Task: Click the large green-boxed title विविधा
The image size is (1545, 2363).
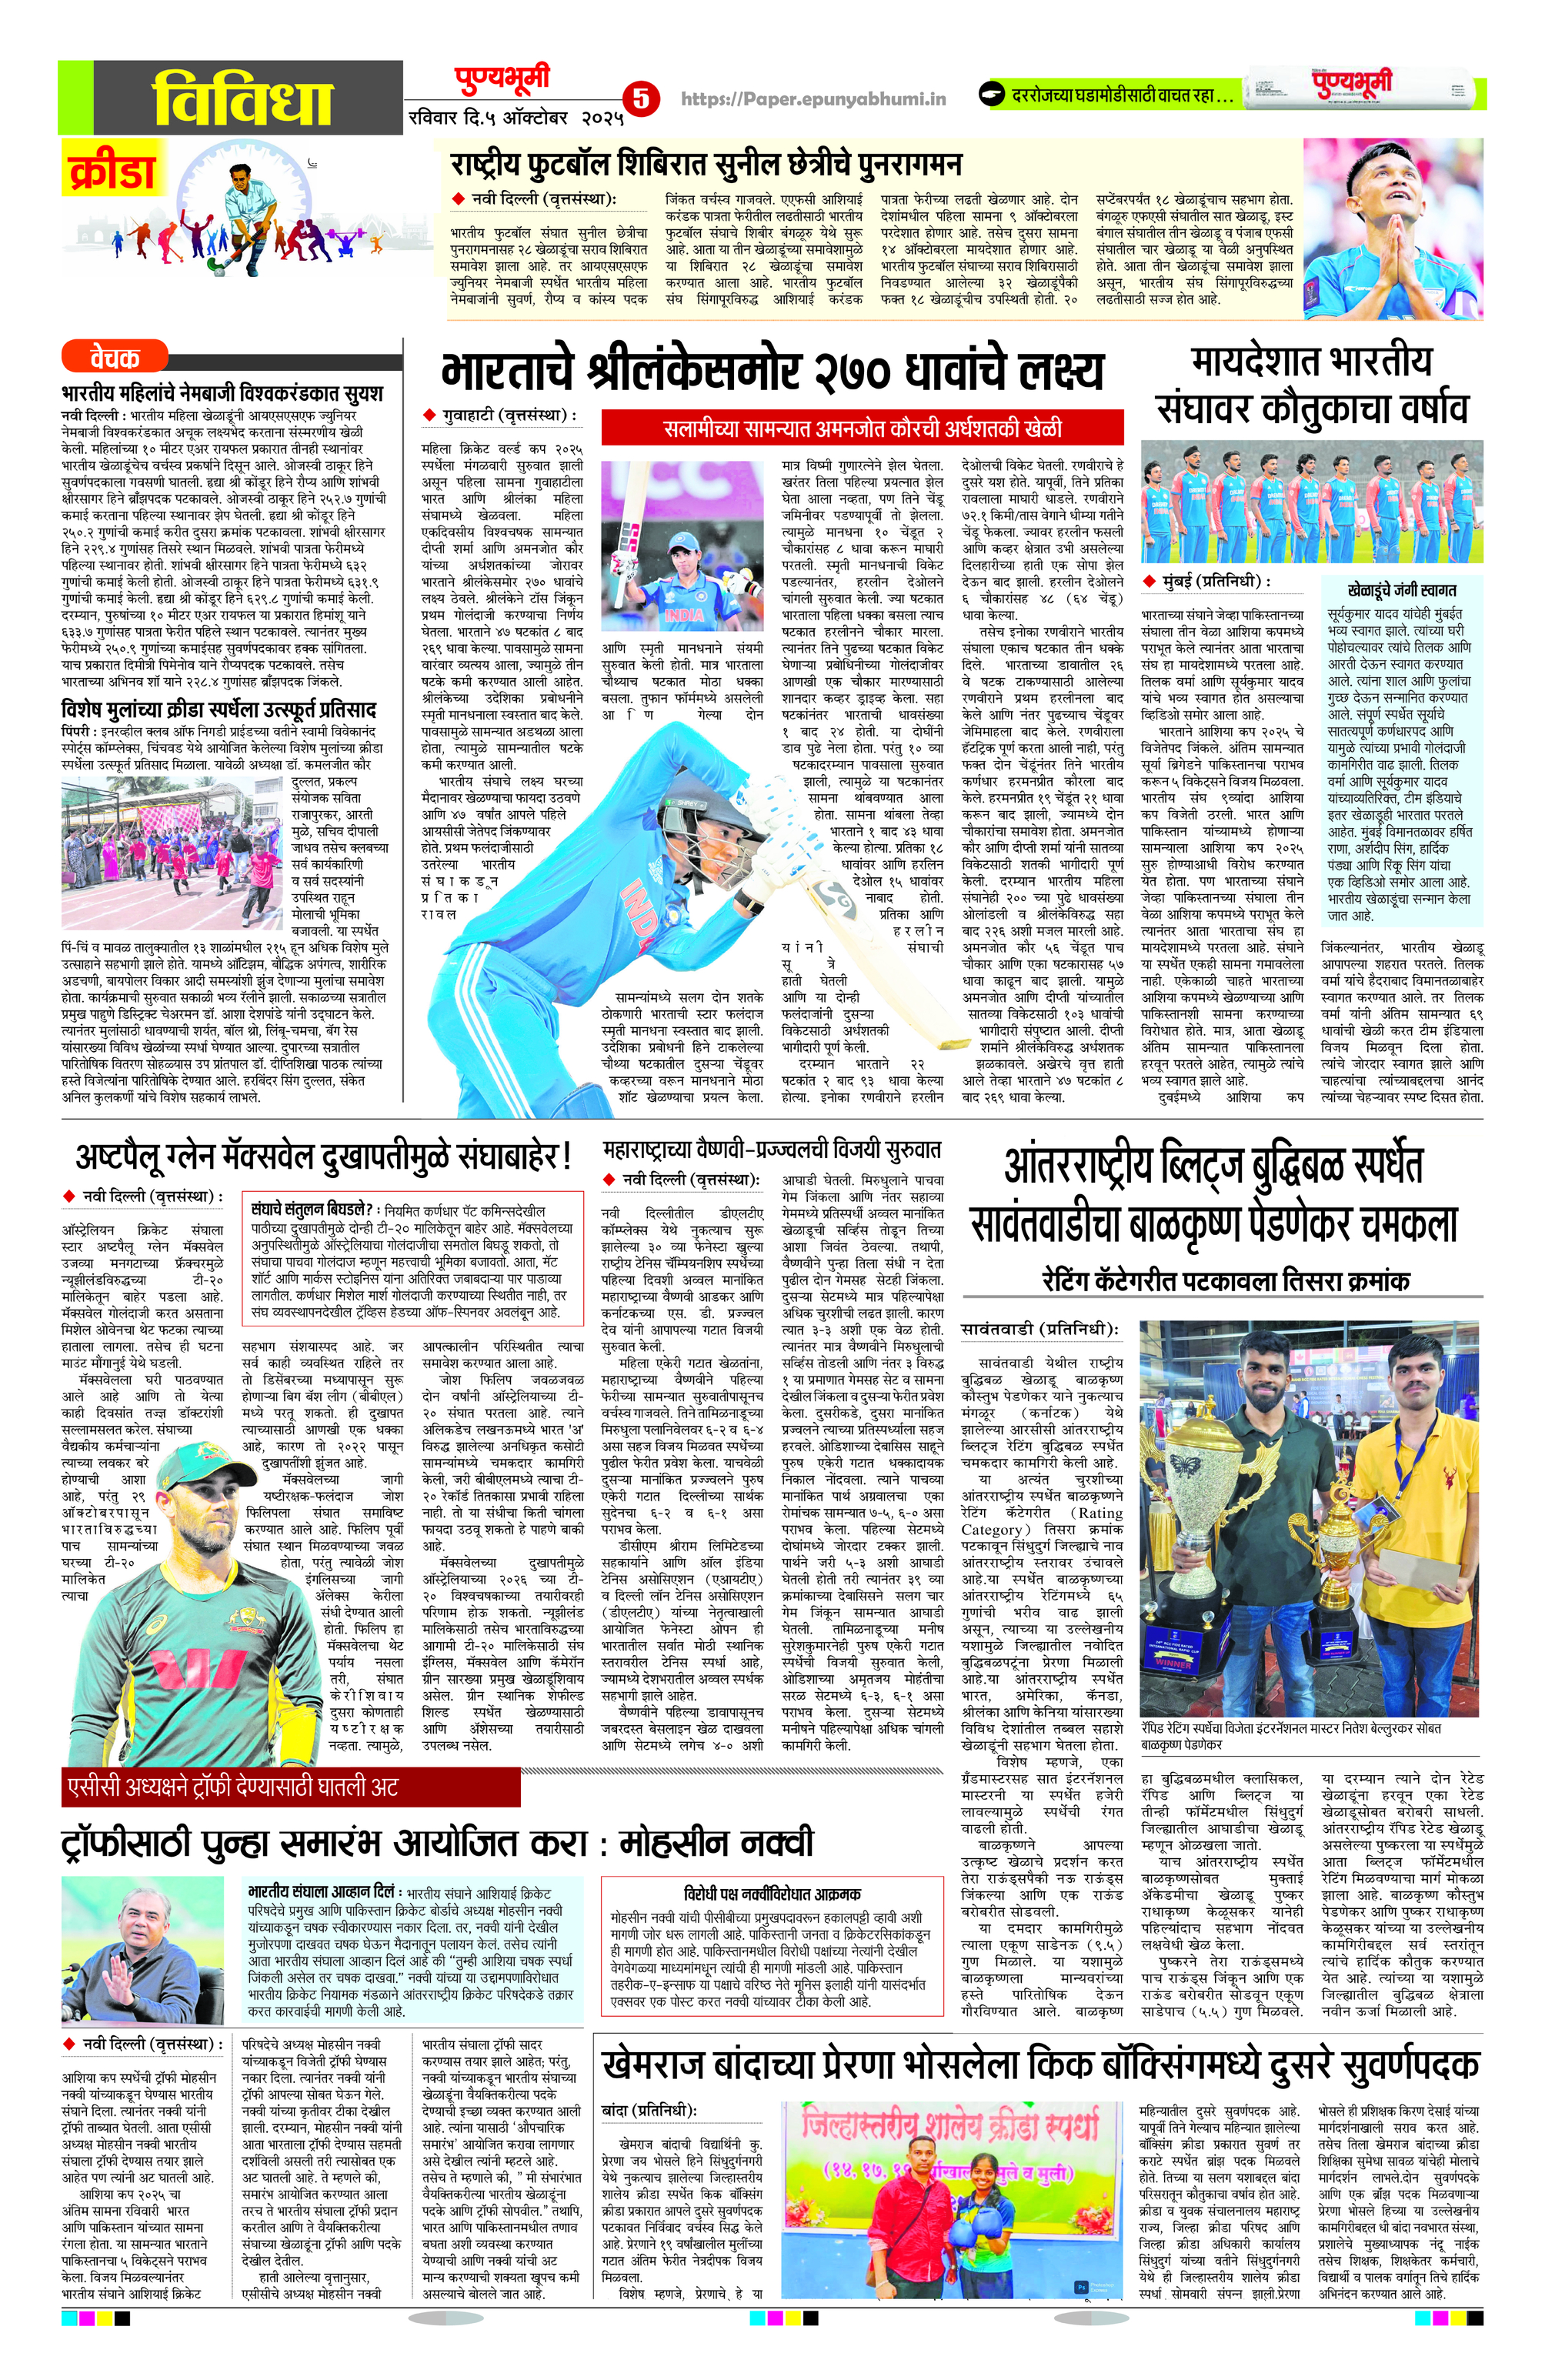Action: (242, 97)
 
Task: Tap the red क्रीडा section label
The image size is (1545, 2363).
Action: (112, 171)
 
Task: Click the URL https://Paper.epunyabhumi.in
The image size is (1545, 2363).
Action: (813, 98)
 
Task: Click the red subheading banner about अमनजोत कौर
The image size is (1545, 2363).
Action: (862, 429)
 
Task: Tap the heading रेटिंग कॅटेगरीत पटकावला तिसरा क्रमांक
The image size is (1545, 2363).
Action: (1225, 1281)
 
